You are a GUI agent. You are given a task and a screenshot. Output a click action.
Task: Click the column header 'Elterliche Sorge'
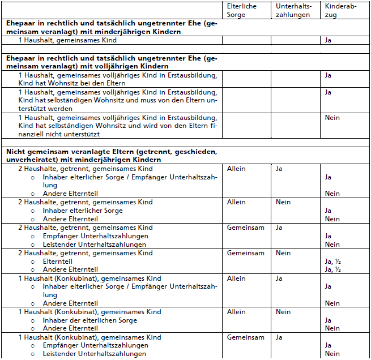[x=241, y=10]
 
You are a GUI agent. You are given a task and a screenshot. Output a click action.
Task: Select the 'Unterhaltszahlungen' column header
[x=293, y=10]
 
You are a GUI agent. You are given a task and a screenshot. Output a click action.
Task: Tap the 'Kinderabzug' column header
[x=340, y=10]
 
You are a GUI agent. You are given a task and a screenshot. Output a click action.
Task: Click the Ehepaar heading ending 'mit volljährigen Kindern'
[x=112, y=62]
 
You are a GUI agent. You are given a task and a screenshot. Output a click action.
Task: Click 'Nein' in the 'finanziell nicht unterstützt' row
[x=332, y=118]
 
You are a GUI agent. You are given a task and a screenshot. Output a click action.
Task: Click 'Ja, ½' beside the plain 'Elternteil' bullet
[x=332, y=262]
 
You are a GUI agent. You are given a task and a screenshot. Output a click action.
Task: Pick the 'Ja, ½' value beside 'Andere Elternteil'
[x=332, y=269]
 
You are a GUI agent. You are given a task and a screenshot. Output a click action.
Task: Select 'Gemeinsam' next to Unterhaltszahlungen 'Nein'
[x=245, y=253]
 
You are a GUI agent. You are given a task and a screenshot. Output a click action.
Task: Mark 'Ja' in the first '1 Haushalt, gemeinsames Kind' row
[x=329, y=41]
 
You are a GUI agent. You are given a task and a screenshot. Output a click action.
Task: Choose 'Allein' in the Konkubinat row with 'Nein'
[x=236, y=312]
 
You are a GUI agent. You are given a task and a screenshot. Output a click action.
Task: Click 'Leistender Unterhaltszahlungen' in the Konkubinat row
[x=94, y=354]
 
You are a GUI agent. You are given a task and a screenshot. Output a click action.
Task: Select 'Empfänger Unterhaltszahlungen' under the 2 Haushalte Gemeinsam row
[x=95, y=236]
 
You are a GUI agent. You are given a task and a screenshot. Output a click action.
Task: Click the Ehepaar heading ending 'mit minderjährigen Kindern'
[x=112, y=28]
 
